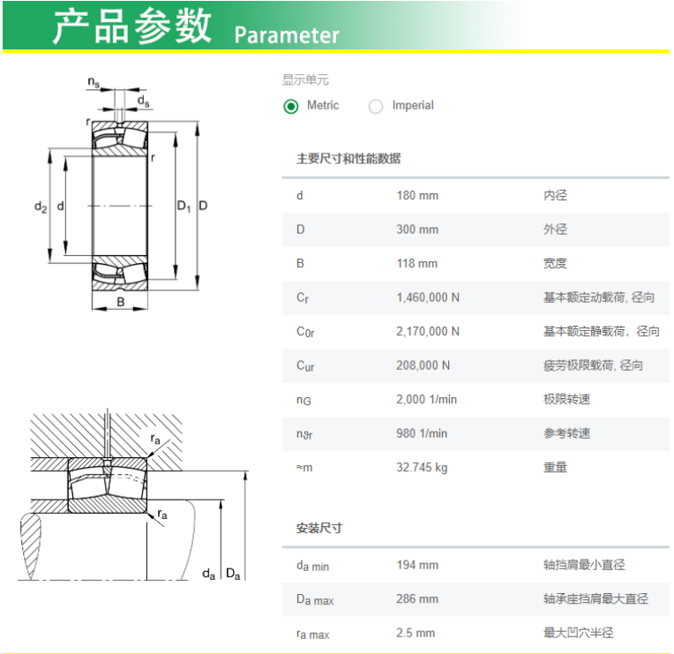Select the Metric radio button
[x=291, y=106]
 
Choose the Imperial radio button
[x=376, y=106]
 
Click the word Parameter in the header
[x=287, y=35]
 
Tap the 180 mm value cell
[x=417, y=196]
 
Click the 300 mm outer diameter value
[x=417, y=229]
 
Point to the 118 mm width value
[x=417, y=264]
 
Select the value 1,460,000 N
[x=428, y=297]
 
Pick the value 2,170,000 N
[x=428, y=332]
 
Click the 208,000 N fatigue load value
[x=423, y=365]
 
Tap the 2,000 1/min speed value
[x=426, y=400]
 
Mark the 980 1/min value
[x=422, y=433]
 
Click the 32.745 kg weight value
[x=422, y=468]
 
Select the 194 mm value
[x=417, y=565]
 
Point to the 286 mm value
[x=417, y=599]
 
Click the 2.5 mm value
[x=416, y=633]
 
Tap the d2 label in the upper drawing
[x=41, y=207]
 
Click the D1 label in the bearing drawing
[x=184, y=207]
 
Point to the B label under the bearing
[x=121, y=302]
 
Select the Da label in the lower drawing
[x=233, y=574]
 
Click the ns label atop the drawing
[x=94, y=82]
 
